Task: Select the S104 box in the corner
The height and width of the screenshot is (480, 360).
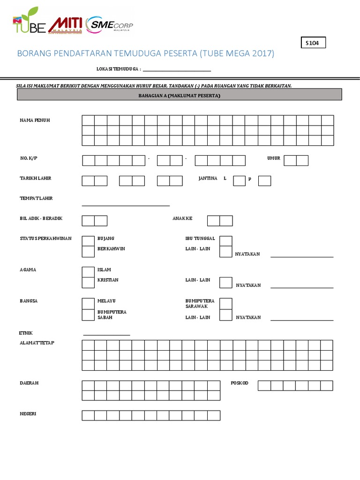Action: pyautogui.click(x=312, y=43)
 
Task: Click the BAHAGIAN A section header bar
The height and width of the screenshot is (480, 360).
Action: pyautogui.click(x=180, y=95)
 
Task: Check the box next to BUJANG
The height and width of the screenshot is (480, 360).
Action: pyautogui.click(x=88, y=240)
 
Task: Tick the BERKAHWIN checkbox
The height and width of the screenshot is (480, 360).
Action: pyautogui.click(x=88, y=251)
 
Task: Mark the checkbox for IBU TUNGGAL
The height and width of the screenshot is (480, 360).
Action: pyautogui.click(x=226, y=240)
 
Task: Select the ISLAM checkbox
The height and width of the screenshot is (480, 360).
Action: pyautogui.click(x=88, y=272)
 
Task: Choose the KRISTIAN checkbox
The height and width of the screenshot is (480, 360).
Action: pyautogui.click(x=88, y=282)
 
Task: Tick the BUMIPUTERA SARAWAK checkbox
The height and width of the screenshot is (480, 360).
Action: pyautogui.click(x=226, y=303)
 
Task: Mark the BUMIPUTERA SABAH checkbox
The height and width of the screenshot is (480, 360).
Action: pyautogui.click(x=88, y=315)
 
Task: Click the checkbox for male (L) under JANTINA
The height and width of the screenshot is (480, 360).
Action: pyautogui.click(x=239, y=180)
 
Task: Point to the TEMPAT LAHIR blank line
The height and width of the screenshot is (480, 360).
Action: pyautogui.click(x=126, y=204)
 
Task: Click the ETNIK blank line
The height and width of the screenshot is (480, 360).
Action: pyautogui.click(x=106, y=334)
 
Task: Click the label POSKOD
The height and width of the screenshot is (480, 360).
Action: pyautogui.click(x=240, y=383)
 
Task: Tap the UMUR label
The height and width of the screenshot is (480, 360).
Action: pyautogui.click(x=274, y=158)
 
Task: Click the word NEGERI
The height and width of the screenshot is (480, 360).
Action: pyautogui.click(x=28, y=414)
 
